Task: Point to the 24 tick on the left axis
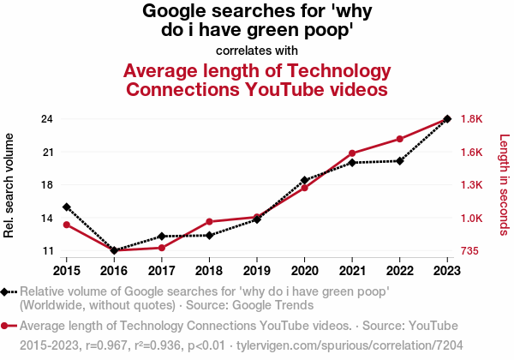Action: [48, 119]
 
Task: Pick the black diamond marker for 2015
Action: [66, 207]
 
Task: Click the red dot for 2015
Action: [66, 225]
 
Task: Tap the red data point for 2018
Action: [209, 222]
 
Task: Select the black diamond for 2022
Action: [399, 160]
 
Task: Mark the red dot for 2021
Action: [352, 153]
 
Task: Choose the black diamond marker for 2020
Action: [304, 180]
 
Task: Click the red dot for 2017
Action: [161, 248]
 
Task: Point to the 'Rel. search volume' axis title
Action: [9, 185]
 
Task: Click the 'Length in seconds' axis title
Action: [505, 185]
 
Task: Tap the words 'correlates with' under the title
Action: [257, 50]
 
